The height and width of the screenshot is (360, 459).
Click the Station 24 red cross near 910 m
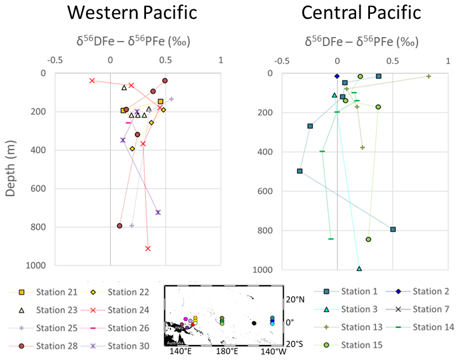[148, 248]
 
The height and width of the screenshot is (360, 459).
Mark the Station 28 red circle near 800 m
[119, 226]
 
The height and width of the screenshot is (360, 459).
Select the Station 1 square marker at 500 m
[300, 171]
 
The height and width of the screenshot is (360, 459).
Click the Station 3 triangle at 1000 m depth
[359, 269]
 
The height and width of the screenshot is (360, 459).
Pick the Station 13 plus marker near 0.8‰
[429, 76]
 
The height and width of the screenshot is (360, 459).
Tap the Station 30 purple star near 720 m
[158, 212]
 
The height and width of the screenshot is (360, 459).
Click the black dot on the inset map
[254, 323]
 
